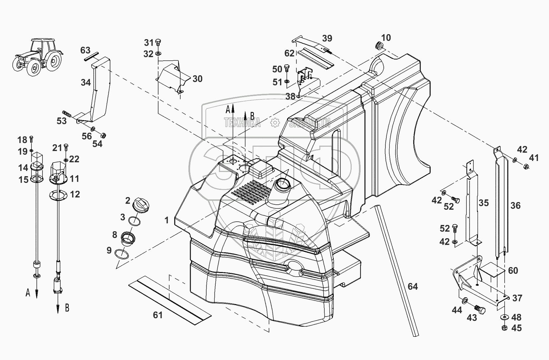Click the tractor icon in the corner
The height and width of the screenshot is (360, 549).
(38, 57)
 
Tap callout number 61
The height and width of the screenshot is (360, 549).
(158, 315)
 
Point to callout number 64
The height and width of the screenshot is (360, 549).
(413, 286)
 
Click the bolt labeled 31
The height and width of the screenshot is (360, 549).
(158, 43)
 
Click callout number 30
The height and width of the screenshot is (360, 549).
(197, 79)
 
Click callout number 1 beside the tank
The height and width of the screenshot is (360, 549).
(167, 220)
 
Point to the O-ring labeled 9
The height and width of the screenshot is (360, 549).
(121, 254)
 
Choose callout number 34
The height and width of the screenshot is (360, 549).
(86, 82)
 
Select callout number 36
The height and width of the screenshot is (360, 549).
(515, 205)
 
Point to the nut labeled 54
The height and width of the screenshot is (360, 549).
(103, 135)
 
